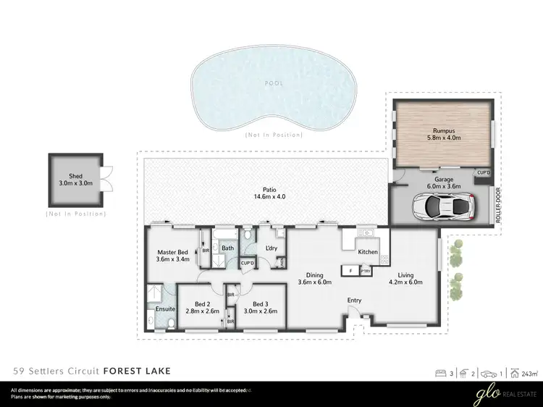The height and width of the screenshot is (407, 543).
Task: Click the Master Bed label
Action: (x=172, y=253)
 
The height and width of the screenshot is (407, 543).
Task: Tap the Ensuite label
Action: (x=166, y=309)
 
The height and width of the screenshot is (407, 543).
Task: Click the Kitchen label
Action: (x=368, y=252)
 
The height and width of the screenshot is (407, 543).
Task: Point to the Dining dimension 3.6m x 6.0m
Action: (x=315, y=282)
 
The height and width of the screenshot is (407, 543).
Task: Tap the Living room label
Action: (x=405, y=274)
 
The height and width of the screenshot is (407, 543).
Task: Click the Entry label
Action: (x=354, y=300)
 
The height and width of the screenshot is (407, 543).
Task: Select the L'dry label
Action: (x=272, y=248)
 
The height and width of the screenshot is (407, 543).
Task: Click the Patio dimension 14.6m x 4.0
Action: (x=269, y=196)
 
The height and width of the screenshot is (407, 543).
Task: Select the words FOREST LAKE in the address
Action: (x=137, y=371)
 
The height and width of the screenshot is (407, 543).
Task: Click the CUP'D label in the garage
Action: (x=483, y=172)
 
